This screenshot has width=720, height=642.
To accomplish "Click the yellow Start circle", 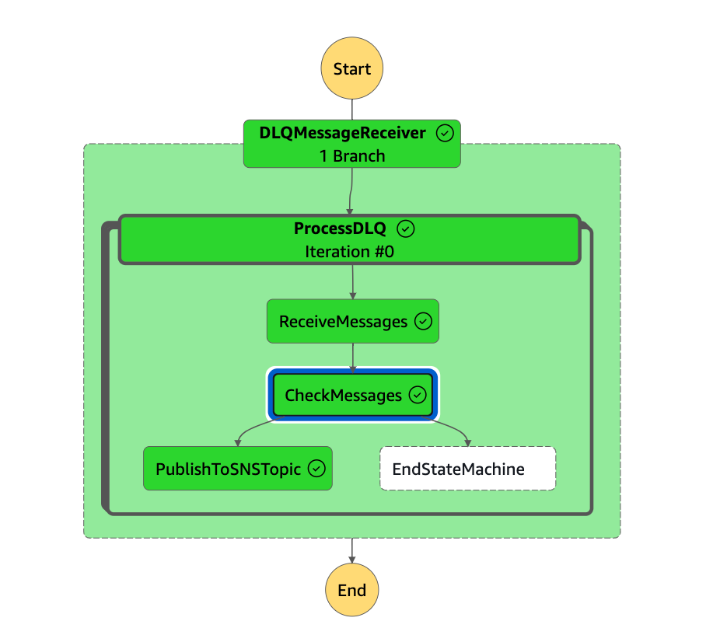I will coord(351,68).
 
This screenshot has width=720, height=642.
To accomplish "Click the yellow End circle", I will coord(351,590).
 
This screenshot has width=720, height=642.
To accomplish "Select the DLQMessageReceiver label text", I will coord(342,133).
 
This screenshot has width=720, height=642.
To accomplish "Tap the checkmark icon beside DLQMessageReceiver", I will coord(445,133).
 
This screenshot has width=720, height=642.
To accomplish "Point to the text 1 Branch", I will coord(351,155).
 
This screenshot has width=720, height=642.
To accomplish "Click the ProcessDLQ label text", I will coord(339,229).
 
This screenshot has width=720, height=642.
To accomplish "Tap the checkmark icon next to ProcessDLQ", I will coord(406,229).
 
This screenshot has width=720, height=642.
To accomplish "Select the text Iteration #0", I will coord(348,251).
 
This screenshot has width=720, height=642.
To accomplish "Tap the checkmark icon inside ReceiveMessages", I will coord(423,321).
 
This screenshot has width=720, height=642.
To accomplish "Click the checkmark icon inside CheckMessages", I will coord(418,395).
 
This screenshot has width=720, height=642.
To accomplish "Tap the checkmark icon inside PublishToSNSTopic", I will coord(316,469).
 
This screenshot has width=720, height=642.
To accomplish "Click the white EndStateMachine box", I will coord(467,469).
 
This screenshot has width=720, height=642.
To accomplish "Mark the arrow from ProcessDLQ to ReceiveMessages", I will coord(352,281).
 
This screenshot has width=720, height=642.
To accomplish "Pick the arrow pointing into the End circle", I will coord(351,550).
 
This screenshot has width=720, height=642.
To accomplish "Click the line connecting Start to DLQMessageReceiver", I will coord(351,109).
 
